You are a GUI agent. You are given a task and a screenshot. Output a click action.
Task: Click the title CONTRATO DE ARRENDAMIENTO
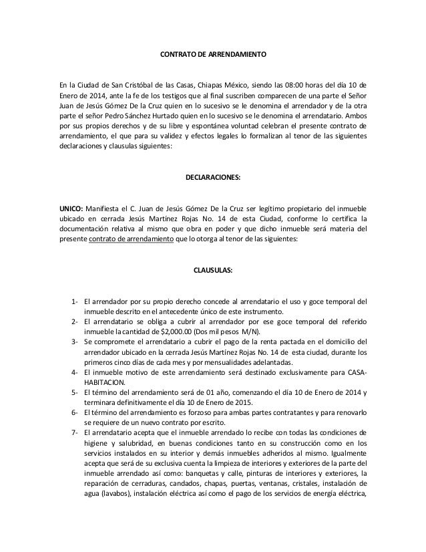(212, 52)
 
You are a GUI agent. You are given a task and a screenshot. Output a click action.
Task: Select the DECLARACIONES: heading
(212, 179)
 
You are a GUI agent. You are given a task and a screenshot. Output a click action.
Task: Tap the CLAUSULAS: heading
(212, 271)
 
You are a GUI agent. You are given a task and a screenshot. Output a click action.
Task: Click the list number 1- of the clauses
(75, 301)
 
